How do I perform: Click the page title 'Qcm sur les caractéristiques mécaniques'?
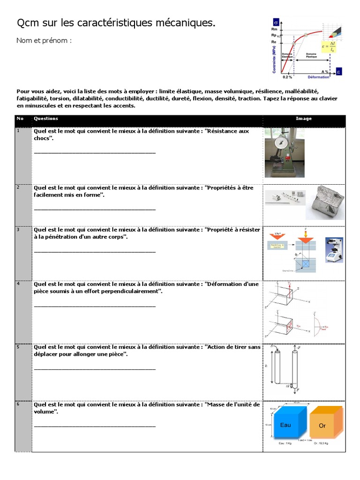click(116, 23)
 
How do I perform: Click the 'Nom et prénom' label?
click(45, 41)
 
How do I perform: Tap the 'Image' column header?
click(304, 119)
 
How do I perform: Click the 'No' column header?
click(20, 119)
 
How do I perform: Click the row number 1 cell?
click(22, 154)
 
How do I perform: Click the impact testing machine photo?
click(284, 153)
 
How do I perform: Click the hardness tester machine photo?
click(334, 252)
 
